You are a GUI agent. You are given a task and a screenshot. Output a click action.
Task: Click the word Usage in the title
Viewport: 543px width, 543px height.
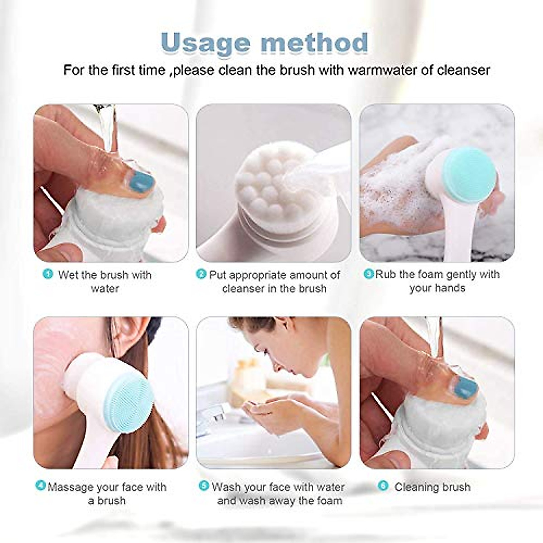(x=206, y=43)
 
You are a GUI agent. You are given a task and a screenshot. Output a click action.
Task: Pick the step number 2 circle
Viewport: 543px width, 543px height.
(x=201, y=274)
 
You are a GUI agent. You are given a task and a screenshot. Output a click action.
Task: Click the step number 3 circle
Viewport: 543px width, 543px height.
(x=369, y=274)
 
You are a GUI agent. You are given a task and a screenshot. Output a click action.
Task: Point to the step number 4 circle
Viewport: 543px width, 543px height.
(x=41, y=486)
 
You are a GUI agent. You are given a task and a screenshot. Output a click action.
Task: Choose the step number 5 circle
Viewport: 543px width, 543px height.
(x=204, y=486)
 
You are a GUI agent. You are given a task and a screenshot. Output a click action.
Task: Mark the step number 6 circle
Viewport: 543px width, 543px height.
(x=383, y=486)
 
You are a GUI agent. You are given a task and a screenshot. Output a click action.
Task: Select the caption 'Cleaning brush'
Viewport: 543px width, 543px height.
(x=432, y=487)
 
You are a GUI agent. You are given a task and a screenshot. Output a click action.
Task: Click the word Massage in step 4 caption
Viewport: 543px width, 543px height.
(x=71, y=487)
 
